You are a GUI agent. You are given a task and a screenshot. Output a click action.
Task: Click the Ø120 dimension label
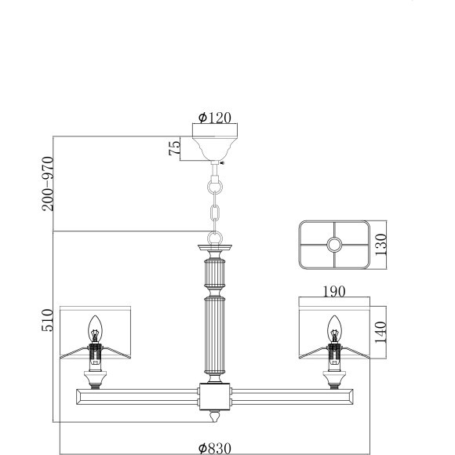click(x=215, y=118)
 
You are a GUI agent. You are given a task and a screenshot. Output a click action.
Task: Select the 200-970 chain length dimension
click(x=47, y=184)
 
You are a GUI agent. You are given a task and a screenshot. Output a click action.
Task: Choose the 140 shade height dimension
click(x=382, y=330)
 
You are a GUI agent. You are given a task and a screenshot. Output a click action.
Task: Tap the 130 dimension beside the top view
click(x=382, y=245)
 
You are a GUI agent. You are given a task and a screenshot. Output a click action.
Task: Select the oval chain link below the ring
click(x=215, y=213)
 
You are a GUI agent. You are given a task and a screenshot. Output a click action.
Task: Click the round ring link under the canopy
click(x=215, y=188)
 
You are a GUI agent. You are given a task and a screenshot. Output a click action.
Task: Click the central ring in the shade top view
click(x=335, y=245)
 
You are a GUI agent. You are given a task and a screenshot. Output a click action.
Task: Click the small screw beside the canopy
click(x=223, y=163)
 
